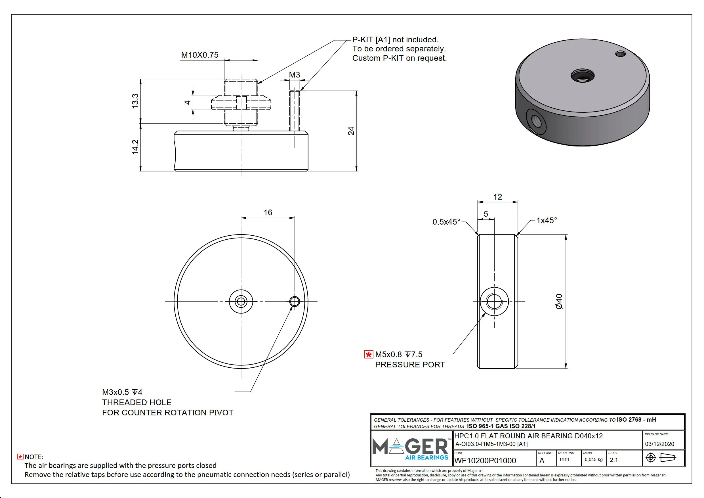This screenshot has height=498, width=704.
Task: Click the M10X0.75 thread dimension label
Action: point(199,55)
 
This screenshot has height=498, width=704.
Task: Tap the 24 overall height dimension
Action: point(351,131)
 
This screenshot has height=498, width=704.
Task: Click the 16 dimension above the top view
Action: point(268,213)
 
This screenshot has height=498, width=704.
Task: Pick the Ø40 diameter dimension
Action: point(559,301)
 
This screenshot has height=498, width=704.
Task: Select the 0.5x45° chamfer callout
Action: point(446,222)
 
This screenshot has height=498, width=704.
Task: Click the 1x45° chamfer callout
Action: point(547,220)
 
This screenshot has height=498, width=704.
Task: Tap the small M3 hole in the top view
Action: point(295,301)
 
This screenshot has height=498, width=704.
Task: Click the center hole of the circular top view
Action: point(241,301)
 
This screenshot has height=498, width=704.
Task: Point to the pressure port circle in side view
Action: point(494,301)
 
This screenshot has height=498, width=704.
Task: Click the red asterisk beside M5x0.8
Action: point(368,354)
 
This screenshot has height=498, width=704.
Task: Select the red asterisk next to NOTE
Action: point(20,457)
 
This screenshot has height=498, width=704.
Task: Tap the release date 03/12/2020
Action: point(659,444)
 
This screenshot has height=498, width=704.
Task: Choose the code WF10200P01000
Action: point(485,461)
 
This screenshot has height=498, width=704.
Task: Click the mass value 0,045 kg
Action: point(593,459)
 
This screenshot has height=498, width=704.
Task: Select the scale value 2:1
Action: point(614,460)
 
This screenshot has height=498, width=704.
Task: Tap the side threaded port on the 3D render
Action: point(536,122)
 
